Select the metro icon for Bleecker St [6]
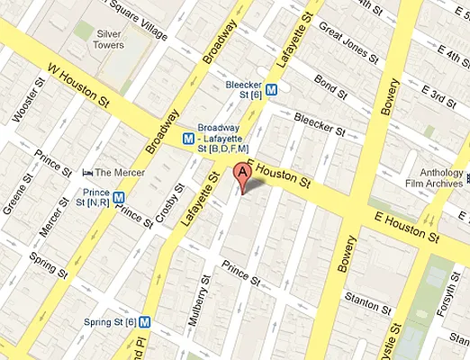[283, 89]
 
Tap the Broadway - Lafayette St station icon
[187, 139]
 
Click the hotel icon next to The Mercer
[87, 172]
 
